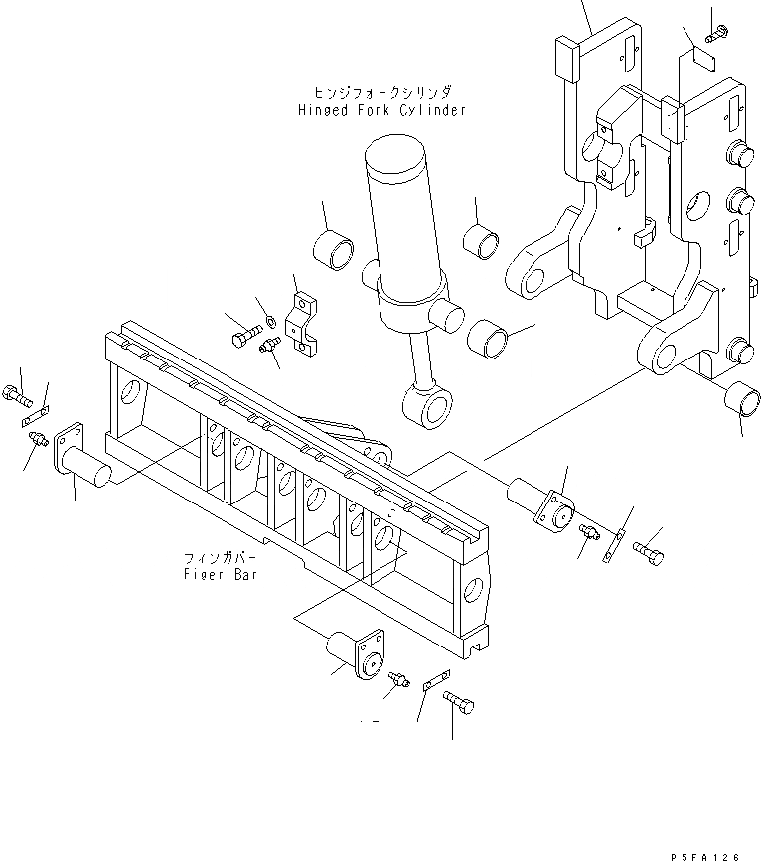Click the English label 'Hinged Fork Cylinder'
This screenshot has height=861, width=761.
381,110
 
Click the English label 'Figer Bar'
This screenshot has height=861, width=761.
221,575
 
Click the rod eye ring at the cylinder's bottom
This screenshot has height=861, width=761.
427,406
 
